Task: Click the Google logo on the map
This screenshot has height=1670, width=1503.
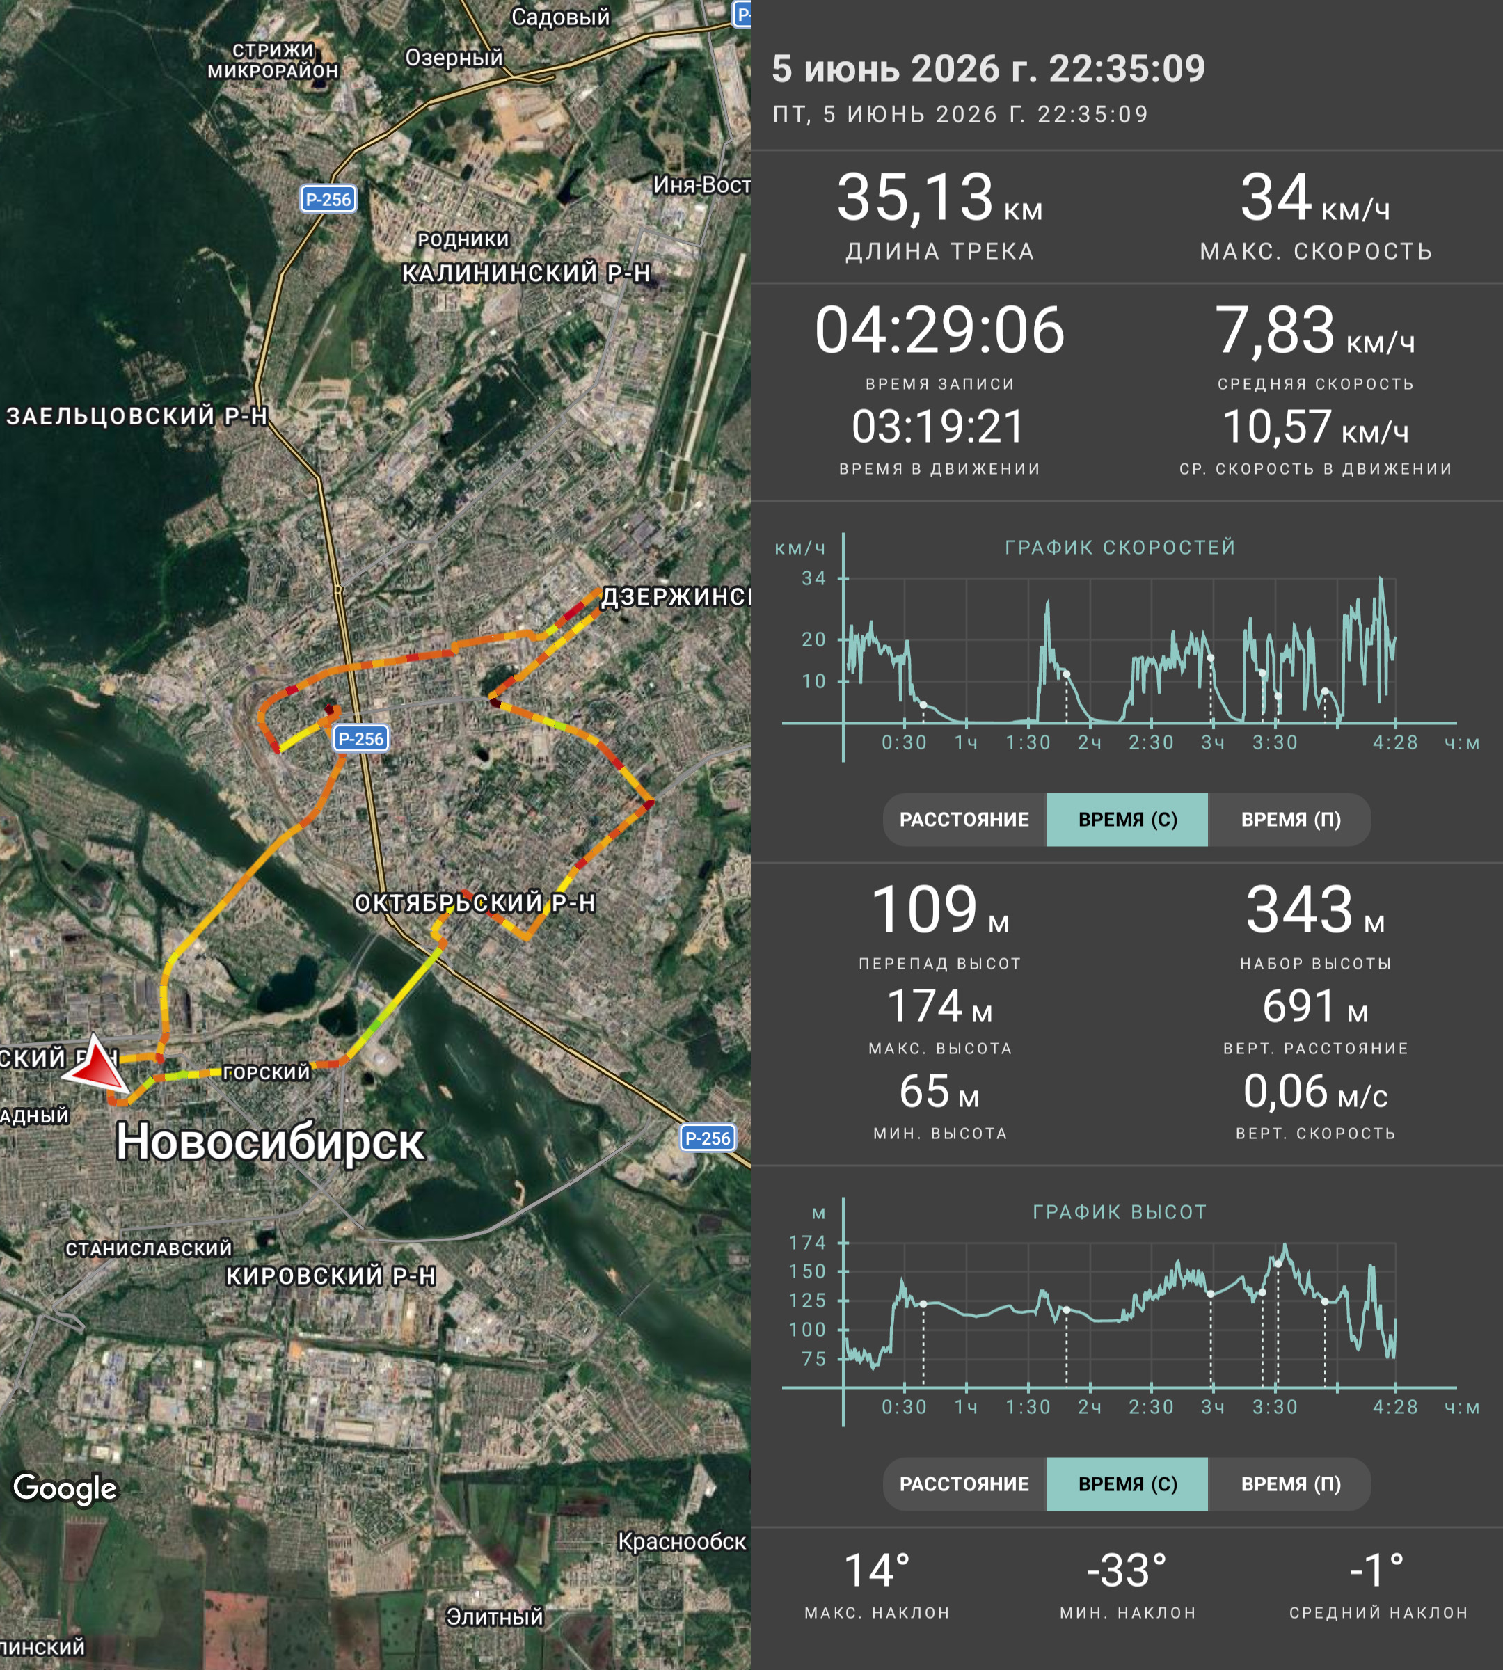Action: [65, 1488]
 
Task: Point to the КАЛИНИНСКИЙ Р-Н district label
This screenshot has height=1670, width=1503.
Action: [526, 273]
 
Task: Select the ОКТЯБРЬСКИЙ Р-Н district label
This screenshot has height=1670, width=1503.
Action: [475, 902]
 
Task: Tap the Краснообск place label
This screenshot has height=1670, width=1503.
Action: [681, 1541]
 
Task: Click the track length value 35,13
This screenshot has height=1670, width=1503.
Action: [915, 198]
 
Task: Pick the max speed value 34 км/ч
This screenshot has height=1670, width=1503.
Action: [1314, 198]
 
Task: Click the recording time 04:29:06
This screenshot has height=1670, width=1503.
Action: [940, 331]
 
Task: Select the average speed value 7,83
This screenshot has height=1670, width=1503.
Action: [1274, 331]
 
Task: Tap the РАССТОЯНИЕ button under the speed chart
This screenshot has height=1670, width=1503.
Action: [964, 819]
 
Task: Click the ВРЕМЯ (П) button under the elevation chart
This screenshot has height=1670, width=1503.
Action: [1291, 1484]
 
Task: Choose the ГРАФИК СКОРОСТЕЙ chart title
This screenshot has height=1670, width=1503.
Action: [1120, 548]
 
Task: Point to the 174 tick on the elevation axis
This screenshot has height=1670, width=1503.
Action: [807, 1242]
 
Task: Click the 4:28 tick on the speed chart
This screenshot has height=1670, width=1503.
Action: [1395, 742]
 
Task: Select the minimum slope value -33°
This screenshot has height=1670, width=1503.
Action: [1127, 1571]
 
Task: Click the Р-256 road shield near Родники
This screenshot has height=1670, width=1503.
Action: [328, 199]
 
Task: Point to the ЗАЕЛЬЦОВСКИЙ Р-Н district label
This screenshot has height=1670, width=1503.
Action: [137, 416]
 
